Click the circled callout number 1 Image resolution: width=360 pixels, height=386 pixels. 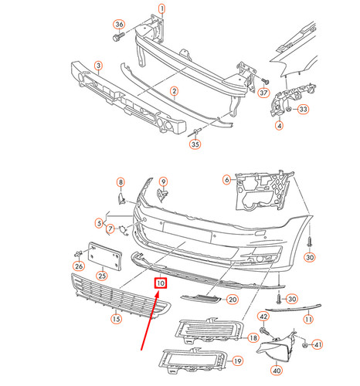tap(161, 8)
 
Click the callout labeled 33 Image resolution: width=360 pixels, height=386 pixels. tap(303, 110)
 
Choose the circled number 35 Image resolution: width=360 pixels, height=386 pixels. tap(195, 144)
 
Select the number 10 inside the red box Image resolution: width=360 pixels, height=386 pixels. tap(161, 283)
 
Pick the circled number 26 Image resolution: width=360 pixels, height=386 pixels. tap(78, 266)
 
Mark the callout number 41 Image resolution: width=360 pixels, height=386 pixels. tap(317, 343)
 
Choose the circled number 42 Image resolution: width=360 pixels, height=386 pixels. tap(263, 317)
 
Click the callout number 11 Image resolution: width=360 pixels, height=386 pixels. tap(308, 319)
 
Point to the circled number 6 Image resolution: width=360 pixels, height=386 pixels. tap(227, 181)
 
